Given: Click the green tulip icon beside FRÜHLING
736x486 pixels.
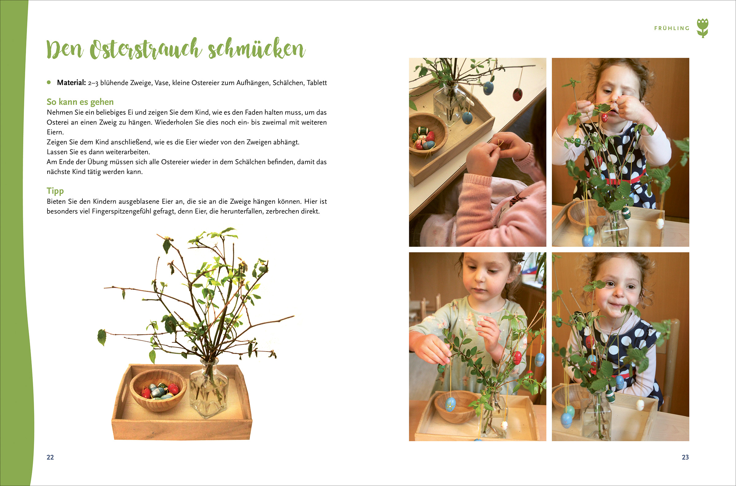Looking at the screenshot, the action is tap(703, 28).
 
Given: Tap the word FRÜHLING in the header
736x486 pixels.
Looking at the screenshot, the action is tap(672, 28).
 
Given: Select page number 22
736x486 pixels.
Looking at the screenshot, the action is tap(50, 457).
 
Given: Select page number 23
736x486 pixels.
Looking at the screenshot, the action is tap(685, 457).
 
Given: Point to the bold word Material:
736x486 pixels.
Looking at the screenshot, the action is tap(71, 83).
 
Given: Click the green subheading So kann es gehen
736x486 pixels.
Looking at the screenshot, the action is tap(80, 102).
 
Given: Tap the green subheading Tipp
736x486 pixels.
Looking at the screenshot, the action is tap(55, 191).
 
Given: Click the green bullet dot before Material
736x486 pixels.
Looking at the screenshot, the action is tap(49, 83).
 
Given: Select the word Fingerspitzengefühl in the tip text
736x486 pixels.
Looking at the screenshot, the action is tap(122, 212).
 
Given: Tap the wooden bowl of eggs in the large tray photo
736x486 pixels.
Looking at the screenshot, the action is tap(158, 390).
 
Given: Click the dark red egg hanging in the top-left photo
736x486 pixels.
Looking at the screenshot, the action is tap(518, 94).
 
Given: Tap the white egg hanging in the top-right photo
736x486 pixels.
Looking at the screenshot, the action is tap(660, 223).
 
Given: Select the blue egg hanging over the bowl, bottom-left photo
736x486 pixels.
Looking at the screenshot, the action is tap(450, 404).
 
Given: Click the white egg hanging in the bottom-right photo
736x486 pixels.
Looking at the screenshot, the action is tap(640, 404).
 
